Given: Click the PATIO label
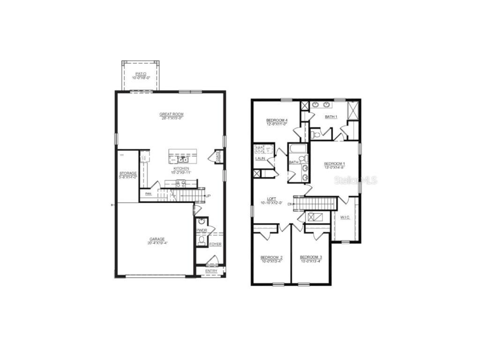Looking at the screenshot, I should tap(141, 74).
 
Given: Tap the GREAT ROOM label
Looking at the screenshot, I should tap(171, 114).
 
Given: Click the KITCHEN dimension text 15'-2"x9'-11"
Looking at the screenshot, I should tap(181, 172).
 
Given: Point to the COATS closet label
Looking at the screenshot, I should tap(218, 157).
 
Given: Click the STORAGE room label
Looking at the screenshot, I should tap(127, 173).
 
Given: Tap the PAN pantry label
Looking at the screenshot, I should tap(148, 194).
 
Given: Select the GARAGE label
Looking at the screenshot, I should tap(157, 239).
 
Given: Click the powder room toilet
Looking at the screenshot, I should tap(202, 241).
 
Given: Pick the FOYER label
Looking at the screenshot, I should tap(215, 244).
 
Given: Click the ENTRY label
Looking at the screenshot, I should tap(211, 270).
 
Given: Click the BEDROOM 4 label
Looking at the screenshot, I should tap(277, 120).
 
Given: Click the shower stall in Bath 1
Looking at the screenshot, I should tap(352, 111).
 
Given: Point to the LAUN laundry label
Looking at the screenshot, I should tap(260, 159).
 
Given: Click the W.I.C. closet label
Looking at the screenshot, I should tap(345, 217).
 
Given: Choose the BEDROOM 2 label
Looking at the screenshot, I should tap(271, 257).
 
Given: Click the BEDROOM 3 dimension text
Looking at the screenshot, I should tap(311, 262).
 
